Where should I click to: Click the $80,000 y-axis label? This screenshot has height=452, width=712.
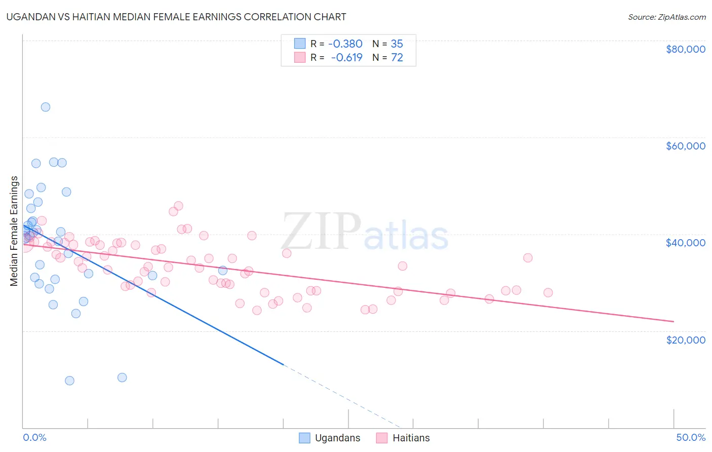coord(685,49)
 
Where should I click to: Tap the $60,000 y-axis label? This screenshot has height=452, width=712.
coord(685,146)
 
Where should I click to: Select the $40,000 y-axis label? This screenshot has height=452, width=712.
coord(685,243)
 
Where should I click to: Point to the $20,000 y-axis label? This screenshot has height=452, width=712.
coord(685,340)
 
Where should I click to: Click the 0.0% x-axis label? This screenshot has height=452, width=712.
coord(34,437)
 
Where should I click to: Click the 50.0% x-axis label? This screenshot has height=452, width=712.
coord(691,437)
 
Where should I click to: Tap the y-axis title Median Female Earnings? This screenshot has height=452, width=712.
coord(14,231)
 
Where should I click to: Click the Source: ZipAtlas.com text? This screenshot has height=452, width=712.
coord(666,17)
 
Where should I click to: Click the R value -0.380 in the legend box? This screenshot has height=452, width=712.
coord(345,44)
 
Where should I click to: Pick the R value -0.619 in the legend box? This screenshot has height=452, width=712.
coord(346,58)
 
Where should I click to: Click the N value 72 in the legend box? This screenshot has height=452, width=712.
coord(397,58)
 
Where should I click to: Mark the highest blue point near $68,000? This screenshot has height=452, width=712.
coord(46,107)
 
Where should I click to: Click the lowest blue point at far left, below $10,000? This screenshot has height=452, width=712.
coord(70,381)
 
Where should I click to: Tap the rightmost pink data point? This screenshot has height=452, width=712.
coord(548,292)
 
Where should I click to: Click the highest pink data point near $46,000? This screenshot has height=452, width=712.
coord(178,206)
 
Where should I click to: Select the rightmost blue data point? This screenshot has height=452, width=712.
coord(223,270)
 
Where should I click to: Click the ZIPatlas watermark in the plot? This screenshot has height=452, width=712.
coord(365,233)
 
